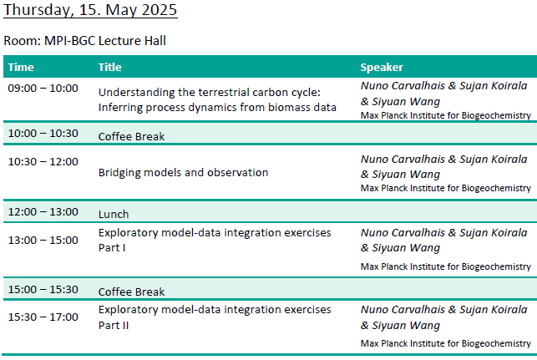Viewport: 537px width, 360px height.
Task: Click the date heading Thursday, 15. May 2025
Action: click(90, 10)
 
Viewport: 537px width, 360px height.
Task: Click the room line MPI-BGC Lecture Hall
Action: click(84, 41)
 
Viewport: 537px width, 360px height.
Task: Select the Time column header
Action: click(21, 67)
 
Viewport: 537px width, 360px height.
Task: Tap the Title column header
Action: click(110, 67)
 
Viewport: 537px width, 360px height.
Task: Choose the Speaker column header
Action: click(382, 67)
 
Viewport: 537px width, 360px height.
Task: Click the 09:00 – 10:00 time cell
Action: click(43, 89)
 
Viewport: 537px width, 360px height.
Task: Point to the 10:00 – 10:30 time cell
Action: click(43, 134)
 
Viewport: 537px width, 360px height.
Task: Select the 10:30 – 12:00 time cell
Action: click(43, 162)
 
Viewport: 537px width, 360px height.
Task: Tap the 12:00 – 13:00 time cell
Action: click(43, 211)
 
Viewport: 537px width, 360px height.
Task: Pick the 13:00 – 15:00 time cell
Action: click(43, 240)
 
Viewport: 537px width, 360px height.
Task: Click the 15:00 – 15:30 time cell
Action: click(43, 290)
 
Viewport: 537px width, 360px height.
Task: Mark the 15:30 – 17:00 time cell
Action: click(43, 317)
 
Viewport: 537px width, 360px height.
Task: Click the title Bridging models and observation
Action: click(183, 173)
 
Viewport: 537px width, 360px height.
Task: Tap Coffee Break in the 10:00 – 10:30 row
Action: click(131, 137)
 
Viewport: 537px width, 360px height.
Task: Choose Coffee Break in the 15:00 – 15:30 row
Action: click(131, 292)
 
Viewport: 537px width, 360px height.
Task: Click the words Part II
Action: click(114, 326)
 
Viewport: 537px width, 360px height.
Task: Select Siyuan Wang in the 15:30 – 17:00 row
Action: click(406, 326)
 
